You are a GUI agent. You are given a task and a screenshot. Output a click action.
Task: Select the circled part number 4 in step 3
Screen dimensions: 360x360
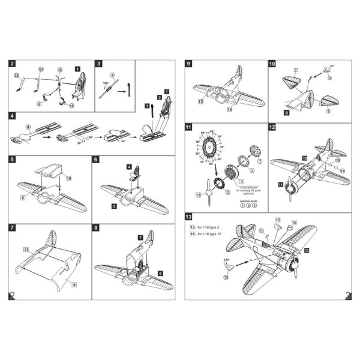click(x=112, y=75)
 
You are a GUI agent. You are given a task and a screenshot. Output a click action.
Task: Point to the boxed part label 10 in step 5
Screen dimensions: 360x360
click(x=68, y=178)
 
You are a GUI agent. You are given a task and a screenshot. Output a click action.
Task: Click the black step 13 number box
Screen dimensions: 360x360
click(x=189, y=217)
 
